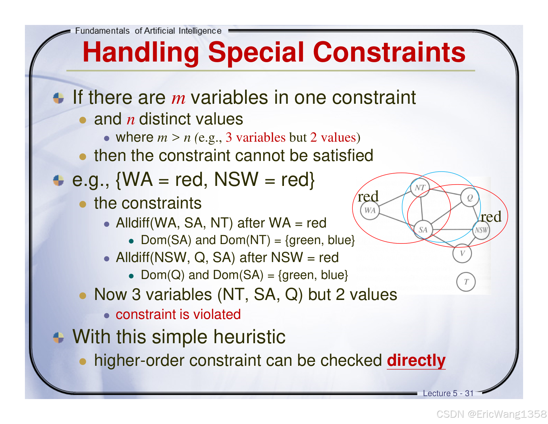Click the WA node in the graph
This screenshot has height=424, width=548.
[370, 210]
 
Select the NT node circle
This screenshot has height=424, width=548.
[420, 187]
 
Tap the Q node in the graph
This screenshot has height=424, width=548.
[470, 198]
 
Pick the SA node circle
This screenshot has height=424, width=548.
[423, 229]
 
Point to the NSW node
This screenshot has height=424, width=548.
[481, 230]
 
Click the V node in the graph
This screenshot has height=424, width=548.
[462, 253]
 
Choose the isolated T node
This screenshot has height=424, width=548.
[466, 282]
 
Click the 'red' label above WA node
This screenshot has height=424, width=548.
[368, 196]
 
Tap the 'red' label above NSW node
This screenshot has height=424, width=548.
[491, 217]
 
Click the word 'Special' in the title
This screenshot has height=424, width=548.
[256, 53]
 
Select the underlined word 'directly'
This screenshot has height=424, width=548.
[416, 360]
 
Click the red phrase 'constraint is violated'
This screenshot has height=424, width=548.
[178, 314]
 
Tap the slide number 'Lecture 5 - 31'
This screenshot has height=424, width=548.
[448, 393]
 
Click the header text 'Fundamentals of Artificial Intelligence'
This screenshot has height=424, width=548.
[148, 31]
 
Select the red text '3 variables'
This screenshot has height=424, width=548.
[255, 137]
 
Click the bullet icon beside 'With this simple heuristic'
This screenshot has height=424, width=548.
[58, 338]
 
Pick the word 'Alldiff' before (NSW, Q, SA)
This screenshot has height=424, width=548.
[133, 258]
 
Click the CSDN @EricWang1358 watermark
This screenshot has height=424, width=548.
[492, 414]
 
